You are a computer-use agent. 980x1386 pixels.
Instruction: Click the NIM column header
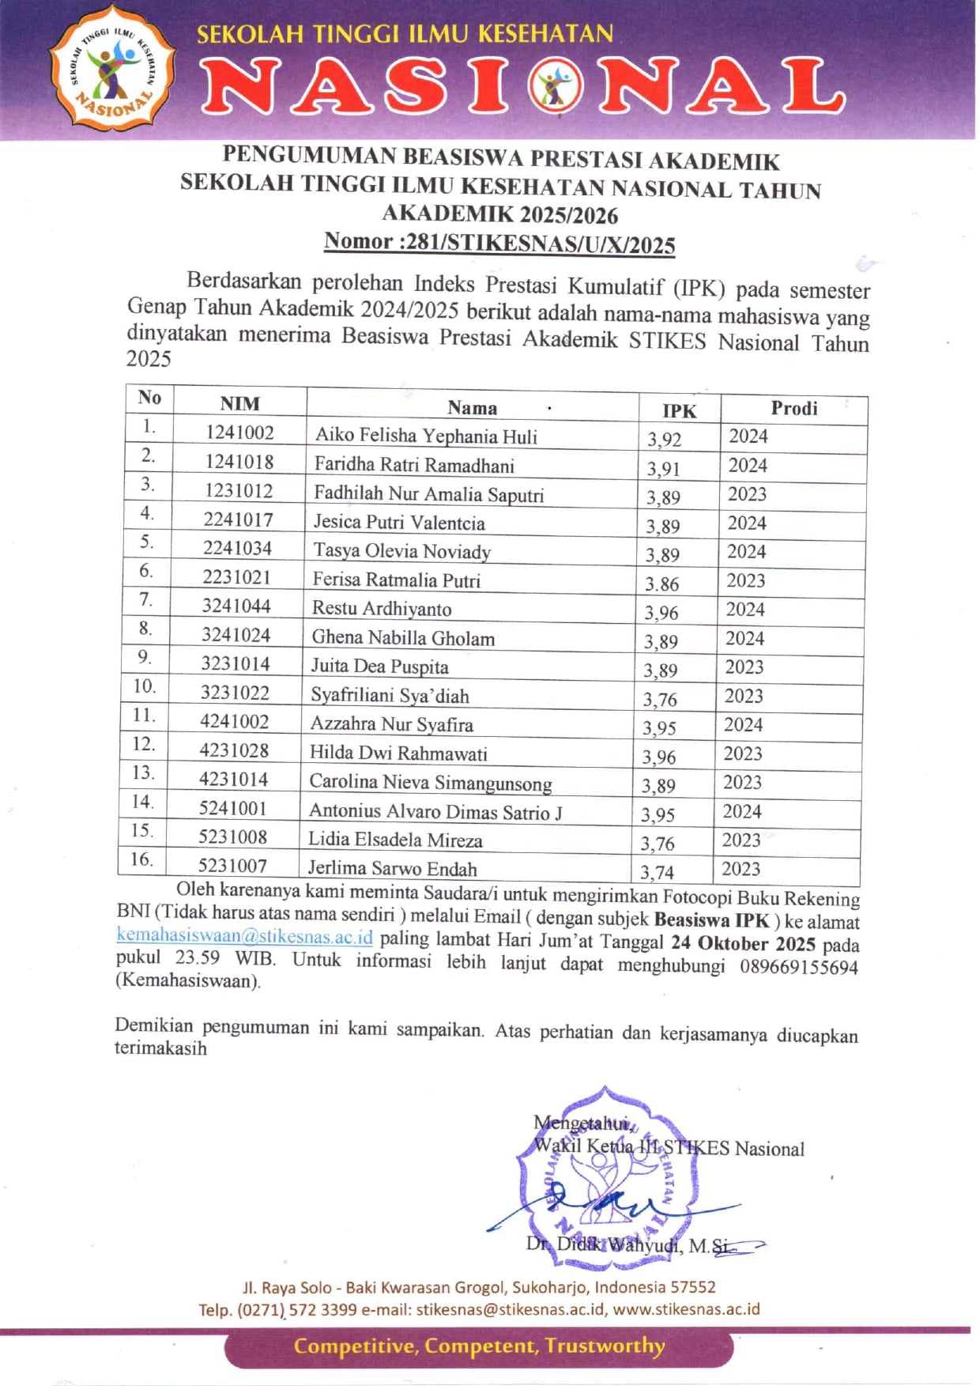(239, 403)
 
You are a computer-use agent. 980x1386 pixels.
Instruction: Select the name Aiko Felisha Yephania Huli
(426, 436)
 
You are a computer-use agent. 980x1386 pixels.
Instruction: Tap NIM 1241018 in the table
(239, 462)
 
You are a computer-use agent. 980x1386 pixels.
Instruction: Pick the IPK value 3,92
(664, 440)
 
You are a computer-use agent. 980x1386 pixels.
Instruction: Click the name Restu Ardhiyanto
(382, 609)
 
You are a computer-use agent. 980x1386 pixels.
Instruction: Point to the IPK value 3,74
(657, 872)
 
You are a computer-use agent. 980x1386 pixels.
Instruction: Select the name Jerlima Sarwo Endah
(392, 868)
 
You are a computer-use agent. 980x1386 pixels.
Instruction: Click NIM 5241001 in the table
(233, 808)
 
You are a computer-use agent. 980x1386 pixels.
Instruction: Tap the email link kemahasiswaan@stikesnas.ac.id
(244, 937)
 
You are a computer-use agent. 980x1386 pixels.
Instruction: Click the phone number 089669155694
(799, 967)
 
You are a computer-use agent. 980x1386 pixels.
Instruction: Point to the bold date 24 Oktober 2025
(743, 944)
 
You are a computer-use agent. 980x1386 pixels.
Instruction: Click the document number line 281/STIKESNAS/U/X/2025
(499, 243)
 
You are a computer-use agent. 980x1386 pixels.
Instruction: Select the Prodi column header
(793, 409)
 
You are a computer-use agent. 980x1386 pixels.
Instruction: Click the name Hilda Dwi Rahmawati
(398, 753)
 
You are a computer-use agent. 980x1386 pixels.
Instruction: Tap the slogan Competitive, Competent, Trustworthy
(479, 1346)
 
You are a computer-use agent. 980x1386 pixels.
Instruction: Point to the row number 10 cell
(145, 686)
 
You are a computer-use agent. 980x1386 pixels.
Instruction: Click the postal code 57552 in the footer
(693, 1287)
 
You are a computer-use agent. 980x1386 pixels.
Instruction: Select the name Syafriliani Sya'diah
(390, 696)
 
